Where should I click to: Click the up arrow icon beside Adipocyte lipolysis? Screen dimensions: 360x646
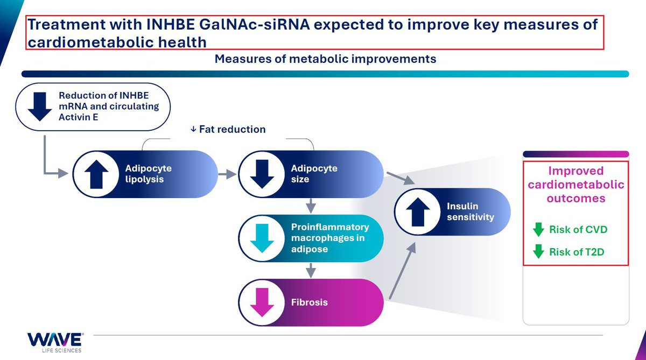96,174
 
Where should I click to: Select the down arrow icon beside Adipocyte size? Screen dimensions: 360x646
262,174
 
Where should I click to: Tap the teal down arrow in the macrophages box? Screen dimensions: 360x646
262,238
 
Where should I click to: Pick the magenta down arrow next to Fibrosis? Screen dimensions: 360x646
262,302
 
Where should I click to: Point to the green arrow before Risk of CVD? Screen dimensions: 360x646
538,230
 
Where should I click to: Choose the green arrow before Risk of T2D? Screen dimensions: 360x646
538,251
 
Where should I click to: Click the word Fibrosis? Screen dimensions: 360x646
309,302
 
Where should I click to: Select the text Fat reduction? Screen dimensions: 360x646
232,129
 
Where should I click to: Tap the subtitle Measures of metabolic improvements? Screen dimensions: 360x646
325,59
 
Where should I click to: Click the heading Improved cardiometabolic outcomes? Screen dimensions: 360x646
576,185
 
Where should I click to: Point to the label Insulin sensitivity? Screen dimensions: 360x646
470,211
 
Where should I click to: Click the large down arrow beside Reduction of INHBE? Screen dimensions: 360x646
39,107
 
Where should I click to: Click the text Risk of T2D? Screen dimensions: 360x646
577,251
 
